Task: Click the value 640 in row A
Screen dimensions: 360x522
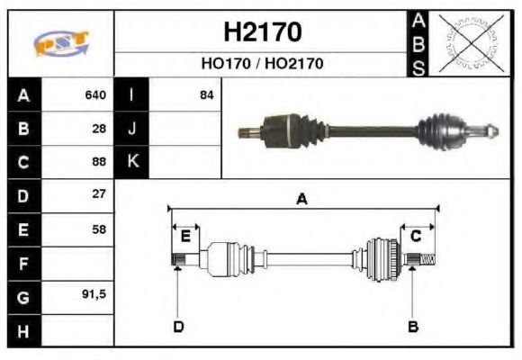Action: click(94, 94)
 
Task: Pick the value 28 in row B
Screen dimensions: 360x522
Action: click(99, 128)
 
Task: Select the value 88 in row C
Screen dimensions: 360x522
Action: click(99, 162)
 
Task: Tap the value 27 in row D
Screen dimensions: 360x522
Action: click(99, 194)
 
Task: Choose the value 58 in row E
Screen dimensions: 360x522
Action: click(99, 229)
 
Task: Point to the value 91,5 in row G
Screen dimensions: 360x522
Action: click(94, 294)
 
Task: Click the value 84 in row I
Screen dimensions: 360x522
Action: click(206, 94)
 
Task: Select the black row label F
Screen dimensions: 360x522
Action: click(23, 263)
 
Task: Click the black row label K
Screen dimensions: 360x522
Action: click(132, 162)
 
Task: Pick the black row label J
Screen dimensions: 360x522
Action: click(132, 128)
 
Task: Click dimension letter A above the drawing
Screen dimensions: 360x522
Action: click(302, 200)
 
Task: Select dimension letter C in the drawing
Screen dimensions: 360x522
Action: click(416, 237)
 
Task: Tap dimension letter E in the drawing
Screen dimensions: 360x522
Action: click(185, 237)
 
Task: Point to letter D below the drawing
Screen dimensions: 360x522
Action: click(178, 326)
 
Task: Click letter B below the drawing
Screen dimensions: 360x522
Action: click(414, 326)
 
